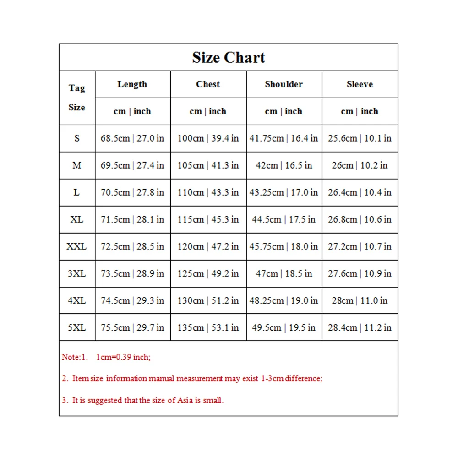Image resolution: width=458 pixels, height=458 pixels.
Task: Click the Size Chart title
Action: (x=229, y=58)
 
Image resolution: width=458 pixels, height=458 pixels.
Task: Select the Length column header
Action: (x=132, y=84)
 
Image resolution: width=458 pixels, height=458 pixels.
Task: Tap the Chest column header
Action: (x=208, y=84)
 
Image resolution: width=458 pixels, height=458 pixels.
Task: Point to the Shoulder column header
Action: (x=284, y=84)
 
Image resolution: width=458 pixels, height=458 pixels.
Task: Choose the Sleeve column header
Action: (x=360, y=84)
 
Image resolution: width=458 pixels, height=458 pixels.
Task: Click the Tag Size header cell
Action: (x=77, y=98)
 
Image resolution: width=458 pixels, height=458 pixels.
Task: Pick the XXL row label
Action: (x=76, y=246)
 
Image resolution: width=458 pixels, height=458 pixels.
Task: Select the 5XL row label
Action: (x=76, y=328)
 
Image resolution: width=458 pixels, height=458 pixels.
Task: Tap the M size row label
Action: (x=76, y=165)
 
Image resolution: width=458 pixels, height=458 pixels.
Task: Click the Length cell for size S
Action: (x=132, y=138)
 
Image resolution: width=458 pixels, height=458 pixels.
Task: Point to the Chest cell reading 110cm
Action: (x=208, y=192)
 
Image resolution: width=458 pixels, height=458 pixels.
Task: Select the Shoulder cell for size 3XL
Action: (x=284, y=274)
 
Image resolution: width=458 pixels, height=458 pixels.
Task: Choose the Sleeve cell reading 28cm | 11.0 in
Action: (x=360, y=301)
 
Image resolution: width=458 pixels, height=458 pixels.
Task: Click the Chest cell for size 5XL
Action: (x=208, y=328)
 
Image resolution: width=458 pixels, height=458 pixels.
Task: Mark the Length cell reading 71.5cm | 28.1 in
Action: (x=132, y=219)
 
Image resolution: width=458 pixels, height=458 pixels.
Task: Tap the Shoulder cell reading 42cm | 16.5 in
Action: (x=284, y=165)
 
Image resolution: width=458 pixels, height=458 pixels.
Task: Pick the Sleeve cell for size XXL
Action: (x=360, y=246)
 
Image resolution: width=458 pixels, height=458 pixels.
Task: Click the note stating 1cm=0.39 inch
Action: (x=123, y=357)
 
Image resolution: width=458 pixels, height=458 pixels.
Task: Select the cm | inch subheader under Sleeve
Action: (x=360, y=111)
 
